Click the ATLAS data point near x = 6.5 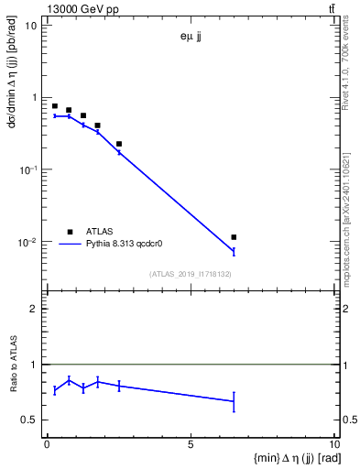point(234,237)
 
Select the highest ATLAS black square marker point(55,106)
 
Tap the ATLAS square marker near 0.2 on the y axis point(119,144)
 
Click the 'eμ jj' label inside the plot point(191,38)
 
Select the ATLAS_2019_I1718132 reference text point(191,274)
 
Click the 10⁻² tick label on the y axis point(27,243)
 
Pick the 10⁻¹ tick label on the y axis point(27,170)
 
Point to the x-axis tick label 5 point(191,444)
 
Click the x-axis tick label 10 point(333,444)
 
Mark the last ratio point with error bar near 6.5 point(234,401)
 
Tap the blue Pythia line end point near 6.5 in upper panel point(234,251)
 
